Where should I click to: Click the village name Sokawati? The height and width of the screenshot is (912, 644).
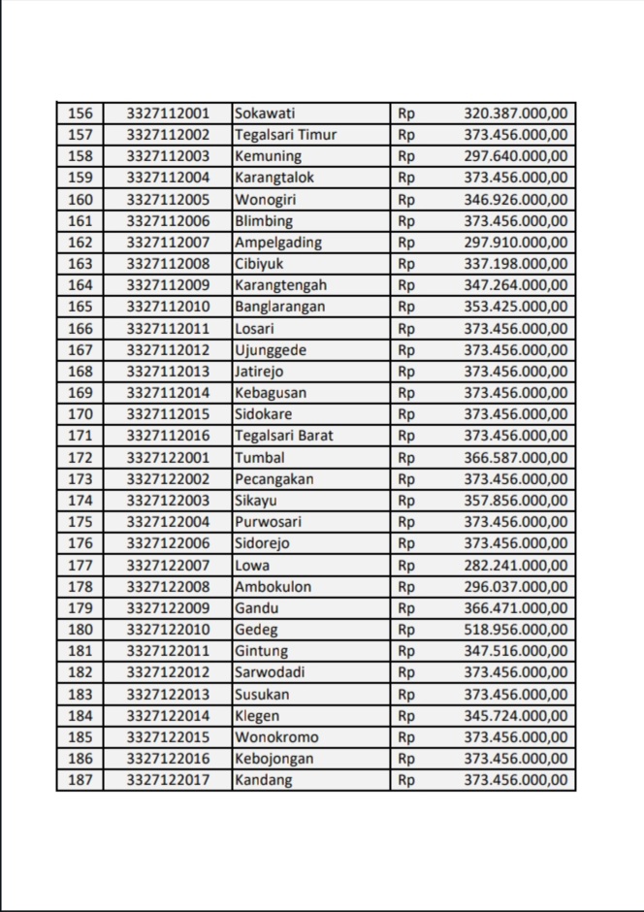click(265, 114)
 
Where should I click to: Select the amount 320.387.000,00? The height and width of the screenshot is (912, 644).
click(516, 114)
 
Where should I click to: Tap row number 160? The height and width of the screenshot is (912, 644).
click(80, 200)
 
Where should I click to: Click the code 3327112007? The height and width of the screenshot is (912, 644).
click(168, 243)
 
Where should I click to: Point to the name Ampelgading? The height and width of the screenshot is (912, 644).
click(278, 243)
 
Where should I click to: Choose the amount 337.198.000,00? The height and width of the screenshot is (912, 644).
click(516, 264)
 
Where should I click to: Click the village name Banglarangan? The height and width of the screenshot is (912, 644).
click(280, 307)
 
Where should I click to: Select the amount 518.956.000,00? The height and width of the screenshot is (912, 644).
click(516, 630)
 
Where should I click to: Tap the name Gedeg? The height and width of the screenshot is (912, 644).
click(255, 630)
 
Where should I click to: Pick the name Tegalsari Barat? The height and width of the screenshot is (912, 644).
click(283, 436)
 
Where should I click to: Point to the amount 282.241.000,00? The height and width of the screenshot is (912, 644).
click(516, 566)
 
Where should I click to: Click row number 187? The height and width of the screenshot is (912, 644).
click(80, 780)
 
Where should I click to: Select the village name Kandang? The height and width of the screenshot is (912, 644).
click(263, 780)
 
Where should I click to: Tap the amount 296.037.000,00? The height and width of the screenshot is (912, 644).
click(516, 587)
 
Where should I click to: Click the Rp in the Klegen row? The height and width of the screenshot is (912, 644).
click(406, 716)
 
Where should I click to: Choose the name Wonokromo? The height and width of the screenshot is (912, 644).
click(276, 737)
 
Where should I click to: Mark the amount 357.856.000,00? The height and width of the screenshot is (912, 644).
click(516, 501)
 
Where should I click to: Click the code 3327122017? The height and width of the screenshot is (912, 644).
click(168, 780)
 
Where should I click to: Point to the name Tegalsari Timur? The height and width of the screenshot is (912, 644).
click(285, 135)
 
